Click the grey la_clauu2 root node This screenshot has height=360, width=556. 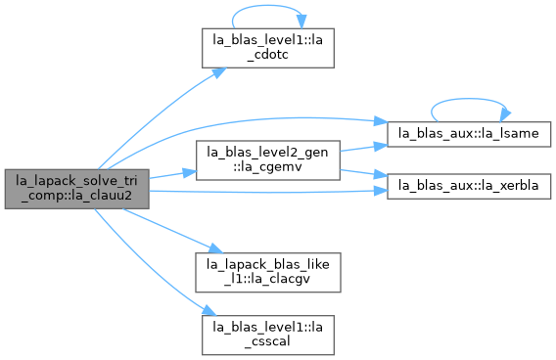pos(76,189)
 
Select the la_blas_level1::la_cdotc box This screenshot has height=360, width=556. pos(267,48)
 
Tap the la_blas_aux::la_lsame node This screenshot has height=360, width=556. pos(469,134)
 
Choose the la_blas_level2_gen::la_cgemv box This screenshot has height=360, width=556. pos(267,160)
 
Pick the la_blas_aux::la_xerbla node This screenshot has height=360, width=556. pos(469,186)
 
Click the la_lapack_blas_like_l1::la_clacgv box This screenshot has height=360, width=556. pos(267,273)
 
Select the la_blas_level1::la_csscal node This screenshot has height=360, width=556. pos(267,335)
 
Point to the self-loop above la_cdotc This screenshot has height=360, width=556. pos(267,6)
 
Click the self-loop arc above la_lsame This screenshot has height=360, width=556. pos(469,99)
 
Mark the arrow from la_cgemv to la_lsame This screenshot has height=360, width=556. pos(363,148)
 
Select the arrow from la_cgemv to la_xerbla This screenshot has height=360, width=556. pos(363,173)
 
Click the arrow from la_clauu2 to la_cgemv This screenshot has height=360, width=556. pos(172,174)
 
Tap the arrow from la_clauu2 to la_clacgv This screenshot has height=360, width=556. pos(172,231)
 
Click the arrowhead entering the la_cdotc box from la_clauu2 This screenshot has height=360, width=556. pos(220,72)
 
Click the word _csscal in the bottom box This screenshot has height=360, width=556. pos(267,341)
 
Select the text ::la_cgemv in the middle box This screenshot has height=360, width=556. pos(267,167)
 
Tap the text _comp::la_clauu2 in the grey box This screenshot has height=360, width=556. pos(76,196)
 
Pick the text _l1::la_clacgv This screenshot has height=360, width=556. pos(267,279)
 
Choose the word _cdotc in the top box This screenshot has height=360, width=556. pos(267,55)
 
